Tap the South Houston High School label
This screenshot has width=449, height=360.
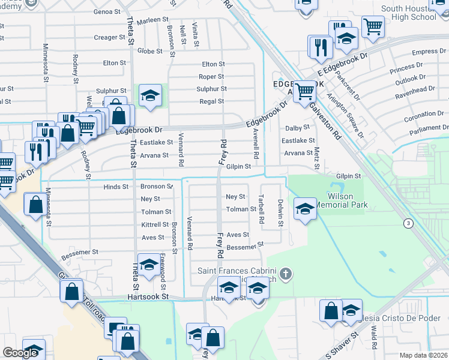408,13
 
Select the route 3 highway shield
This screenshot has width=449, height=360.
409,224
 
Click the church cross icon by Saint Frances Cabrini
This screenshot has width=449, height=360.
286,274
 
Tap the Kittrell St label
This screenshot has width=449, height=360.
155,224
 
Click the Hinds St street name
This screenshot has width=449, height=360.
116,187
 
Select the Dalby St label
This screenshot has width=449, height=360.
297,127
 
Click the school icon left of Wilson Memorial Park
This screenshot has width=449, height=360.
305,209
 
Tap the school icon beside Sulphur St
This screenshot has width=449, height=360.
150,95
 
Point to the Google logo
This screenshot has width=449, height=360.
20,352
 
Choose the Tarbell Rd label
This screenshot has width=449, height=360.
261,209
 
